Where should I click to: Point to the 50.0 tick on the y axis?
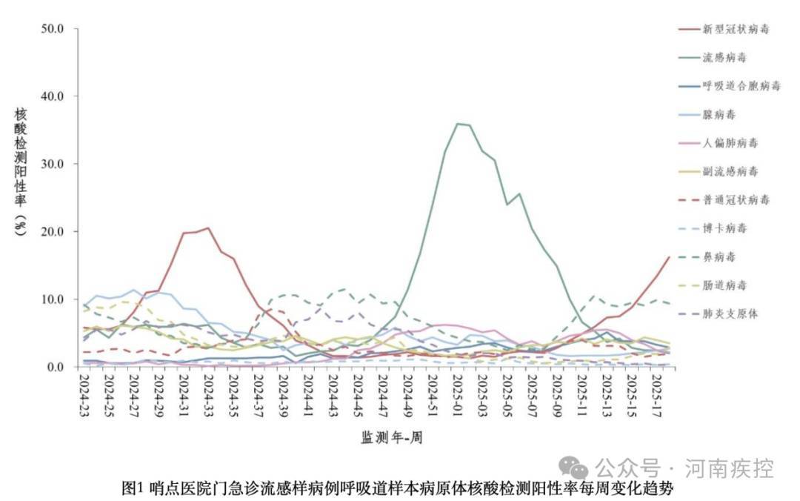click(x=56, y=28)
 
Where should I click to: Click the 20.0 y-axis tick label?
click(x=56, y=231)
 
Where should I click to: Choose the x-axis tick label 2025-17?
click(x=656, y=395)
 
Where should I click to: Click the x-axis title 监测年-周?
click(x=392, y=437)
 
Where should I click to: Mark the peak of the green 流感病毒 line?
click(x=459, y=124)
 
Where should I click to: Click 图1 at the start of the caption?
click(x=133, y=489)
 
